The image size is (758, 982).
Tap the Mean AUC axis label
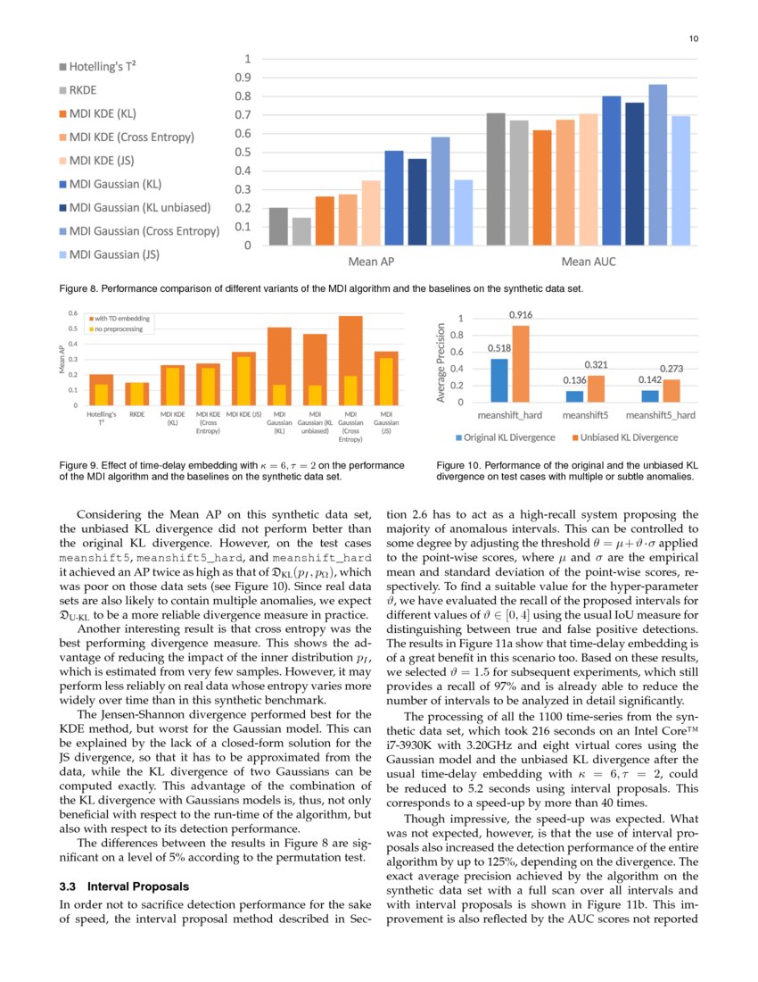coord(588,262)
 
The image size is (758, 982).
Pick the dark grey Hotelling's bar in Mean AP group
coord(278,226)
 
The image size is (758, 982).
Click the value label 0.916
coord(521,315)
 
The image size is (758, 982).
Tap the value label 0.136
coord(574,381)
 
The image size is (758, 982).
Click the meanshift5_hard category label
coord(661,415)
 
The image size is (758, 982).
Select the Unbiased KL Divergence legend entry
coord(629,437)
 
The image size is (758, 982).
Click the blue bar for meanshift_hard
coord(499,380)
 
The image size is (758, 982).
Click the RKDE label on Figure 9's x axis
coord(136,415)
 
